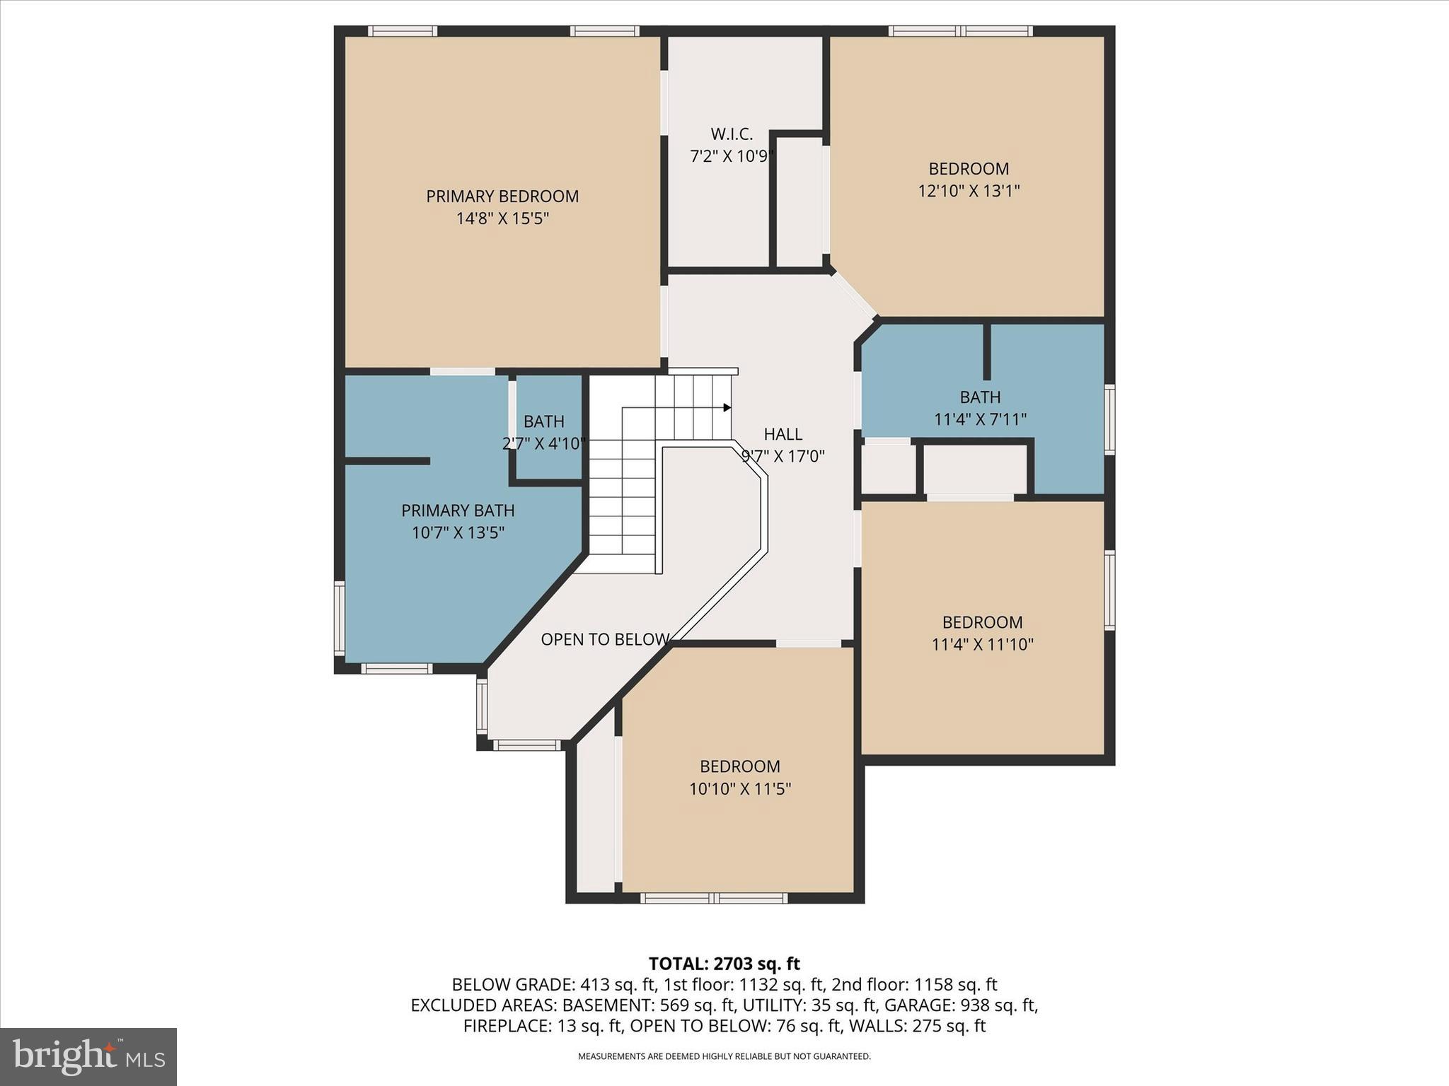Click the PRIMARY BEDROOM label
pos(502,197)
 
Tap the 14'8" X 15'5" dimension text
pos(502,218)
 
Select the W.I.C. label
pos(732,134)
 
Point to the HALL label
pos(783,434)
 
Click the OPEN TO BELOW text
pos(605,639)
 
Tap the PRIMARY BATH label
pos(458,510)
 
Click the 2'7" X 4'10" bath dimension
pos(544,444)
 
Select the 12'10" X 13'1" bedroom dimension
pos(969,191)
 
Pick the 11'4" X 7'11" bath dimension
pos(980,419)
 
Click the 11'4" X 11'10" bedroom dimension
pos(982,644)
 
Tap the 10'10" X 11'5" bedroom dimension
pos(740,788)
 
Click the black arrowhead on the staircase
pos(727,407)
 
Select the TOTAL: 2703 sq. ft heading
pos(724,964)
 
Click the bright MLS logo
pos(88,1056)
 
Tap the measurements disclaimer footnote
pos(724,1056)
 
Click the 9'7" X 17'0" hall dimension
pos(783,456)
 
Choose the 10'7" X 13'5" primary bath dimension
pos(458,532)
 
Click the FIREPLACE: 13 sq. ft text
pos(543,1026)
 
